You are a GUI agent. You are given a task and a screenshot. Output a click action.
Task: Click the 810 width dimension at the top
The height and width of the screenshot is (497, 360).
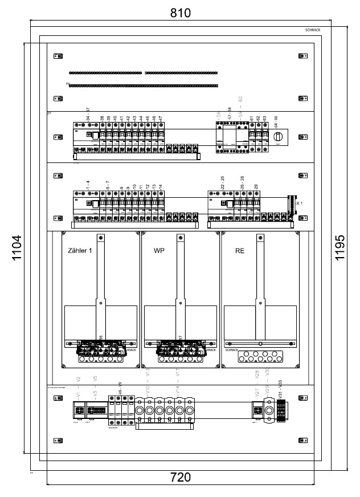(181, 12)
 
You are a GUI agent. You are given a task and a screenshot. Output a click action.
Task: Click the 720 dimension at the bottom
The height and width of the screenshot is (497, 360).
(181, 477)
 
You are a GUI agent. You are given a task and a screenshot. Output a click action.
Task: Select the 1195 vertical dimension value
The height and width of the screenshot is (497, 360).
(340, 247)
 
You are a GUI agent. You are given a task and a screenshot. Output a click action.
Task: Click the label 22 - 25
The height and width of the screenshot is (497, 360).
(223, 183)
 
